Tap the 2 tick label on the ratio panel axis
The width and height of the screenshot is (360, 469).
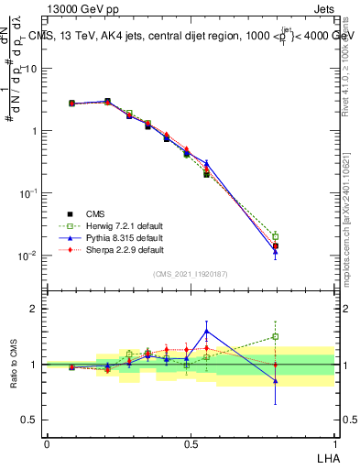point(34,309)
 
